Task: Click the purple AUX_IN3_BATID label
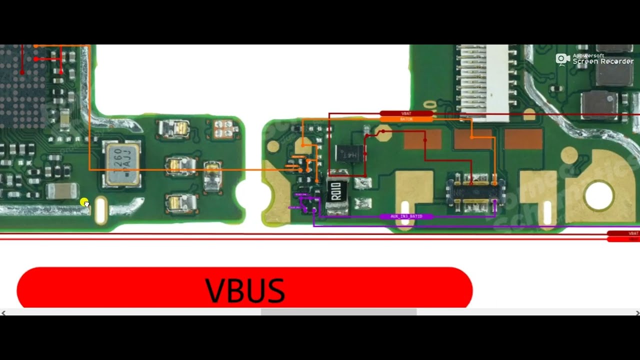(406, 216)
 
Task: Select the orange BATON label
(406, 119)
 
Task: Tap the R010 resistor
(336, 191)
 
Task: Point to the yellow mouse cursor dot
(84, 202)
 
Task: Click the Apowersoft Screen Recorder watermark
(594, 59)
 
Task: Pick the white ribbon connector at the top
(482, 82)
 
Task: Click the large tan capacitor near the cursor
(62, 190)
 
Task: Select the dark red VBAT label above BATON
(406, 113)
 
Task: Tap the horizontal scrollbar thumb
(338, 312)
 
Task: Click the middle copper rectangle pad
(472, 139)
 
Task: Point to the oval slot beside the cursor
(100, 210)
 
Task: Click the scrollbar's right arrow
(637, 312)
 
